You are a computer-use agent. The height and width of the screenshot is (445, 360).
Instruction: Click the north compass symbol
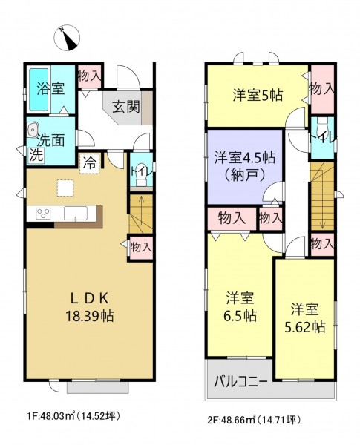(x=67, y=38)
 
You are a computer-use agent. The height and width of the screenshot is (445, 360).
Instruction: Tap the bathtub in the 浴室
(x=39, y=90)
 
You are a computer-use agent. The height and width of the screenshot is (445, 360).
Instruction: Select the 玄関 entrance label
(x=126, y=107)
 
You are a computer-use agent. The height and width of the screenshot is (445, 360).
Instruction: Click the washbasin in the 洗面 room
(x=33, y=131)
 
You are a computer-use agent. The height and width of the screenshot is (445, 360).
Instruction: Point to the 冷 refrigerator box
(x=89, y=163)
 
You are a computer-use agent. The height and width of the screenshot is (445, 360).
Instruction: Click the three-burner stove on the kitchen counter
(x=43, y=214)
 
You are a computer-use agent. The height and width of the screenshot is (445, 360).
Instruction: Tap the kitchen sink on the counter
(x=76, y=214)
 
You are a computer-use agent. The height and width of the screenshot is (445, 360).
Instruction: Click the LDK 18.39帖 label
(x=90, y=307)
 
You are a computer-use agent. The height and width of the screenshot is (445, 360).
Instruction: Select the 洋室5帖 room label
(x=258, y=95)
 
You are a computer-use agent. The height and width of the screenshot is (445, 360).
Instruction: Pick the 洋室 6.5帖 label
(x=240, y=307)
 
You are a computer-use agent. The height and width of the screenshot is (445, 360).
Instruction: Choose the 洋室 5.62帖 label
(x=305, y=318)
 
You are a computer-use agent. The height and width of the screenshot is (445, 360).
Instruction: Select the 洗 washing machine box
(x=36, y=155)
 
